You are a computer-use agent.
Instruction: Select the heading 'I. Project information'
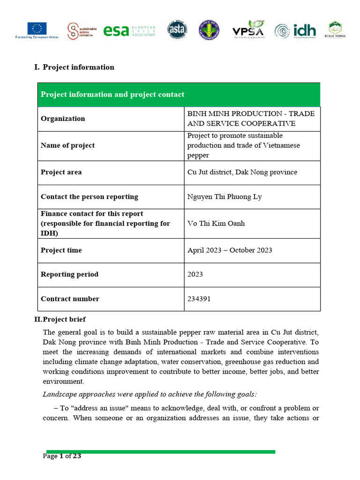click(x=74, y=67)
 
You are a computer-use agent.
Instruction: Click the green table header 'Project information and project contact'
click(x=112, y=95)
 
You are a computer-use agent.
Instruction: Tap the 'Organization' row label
click(x=63, y=119)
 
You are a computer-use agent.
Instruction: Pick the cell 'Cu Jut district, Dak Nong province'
click(x=242, y=172)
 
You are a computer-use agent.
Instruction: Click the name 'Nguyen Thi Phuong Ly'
click(x=225, y=196)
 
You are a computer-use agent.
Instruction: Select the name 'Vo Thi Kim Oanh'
click(x=216, y=223)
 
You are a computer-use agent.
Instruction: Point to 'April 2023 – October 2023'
click(x=230, y=250)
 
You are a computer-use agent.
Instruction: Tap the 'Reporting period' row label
click(x=69, y=274)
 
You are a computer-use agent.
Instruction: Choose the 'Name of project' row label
click(x=67, y=145)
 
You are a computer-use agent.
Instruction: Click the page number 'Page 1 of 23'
click(x=62, y=456)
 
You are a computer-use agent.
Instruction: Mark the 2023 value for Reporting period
click(x=195, y=274)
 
